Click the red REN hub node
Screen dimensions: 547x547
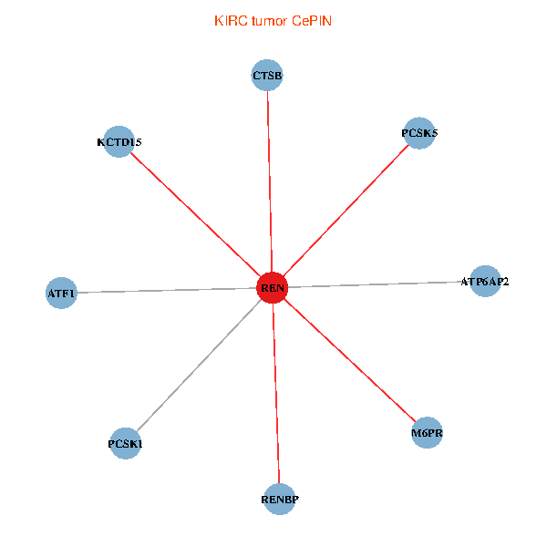click(x=273, y=288)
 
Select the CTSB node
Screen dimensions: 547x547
click(x=267, y=75)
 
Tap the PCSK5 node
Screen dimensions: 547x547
click(x=419, y=133)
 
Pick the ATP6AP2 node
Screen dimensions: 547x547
click(x=485, y=282)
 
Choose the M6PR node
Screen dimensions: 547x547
click(x=427, y=433)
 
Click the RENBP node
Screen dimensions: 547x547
click(x=280, y=500)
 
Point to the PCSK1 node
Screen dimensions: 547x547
click(x=125, y=444)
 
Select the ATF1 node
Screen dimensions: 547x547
click(x=61, y=294)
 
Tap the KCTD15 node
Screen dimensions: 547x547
click(x=119, y=141)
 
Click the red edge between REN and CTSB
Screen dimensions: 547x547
click(x=270, y=181)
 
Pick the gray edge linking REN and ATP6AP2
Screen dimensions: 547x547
click(x=378, y=285)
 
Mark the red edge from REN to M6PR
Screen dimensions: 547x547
click(x=349, y=360)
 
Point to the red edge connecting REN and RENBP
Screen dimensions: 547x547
click(x=276, y=394)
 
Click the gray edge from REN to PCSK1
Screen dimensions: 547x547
click(x=199, y=366)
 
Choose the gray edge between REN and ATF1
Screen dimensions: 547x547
click(x=167, y=291)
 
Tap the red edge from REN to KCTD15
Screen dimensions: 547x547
click(x=195, y=214)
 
